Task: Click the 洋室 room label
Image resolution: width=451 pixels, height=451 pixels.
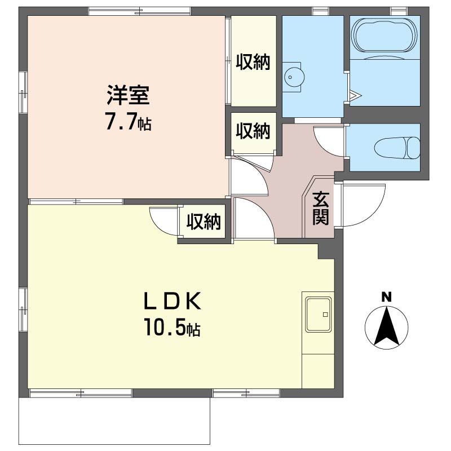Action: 128,95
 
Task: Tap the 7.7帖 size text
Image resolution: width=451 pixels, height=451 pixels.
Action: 128,122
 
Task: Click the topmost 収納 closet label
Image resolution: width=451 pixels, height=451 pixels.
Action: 253,62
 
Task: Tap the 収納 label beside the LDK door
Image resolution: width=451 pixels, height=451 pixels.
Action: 204,223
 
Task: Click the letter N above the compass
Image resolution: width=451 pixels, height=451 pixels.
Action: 386,297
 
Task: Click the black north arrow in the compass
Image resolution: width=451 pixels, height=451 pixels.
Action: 386,327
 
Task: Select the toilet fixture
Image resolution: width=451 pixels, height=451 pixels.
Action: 397,148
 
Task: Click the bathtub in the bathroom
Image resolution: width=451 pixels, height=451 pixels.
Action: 386,36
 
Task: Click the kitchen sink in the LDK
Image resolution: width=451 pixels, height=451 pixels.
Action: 318,314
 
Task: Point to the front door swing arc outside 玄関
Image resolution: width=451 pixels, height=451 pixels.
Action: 361,204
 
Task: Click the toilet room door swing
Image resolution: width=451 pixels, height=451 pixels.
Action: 330,141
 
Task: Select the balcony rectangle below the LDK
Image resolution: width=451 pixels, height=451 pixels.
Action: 115,421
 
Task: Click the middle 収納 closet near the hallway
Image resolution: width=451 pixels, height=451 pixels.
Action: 253,132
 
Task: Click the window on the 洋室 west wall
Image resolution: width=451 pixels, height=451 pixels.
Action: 23,92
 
